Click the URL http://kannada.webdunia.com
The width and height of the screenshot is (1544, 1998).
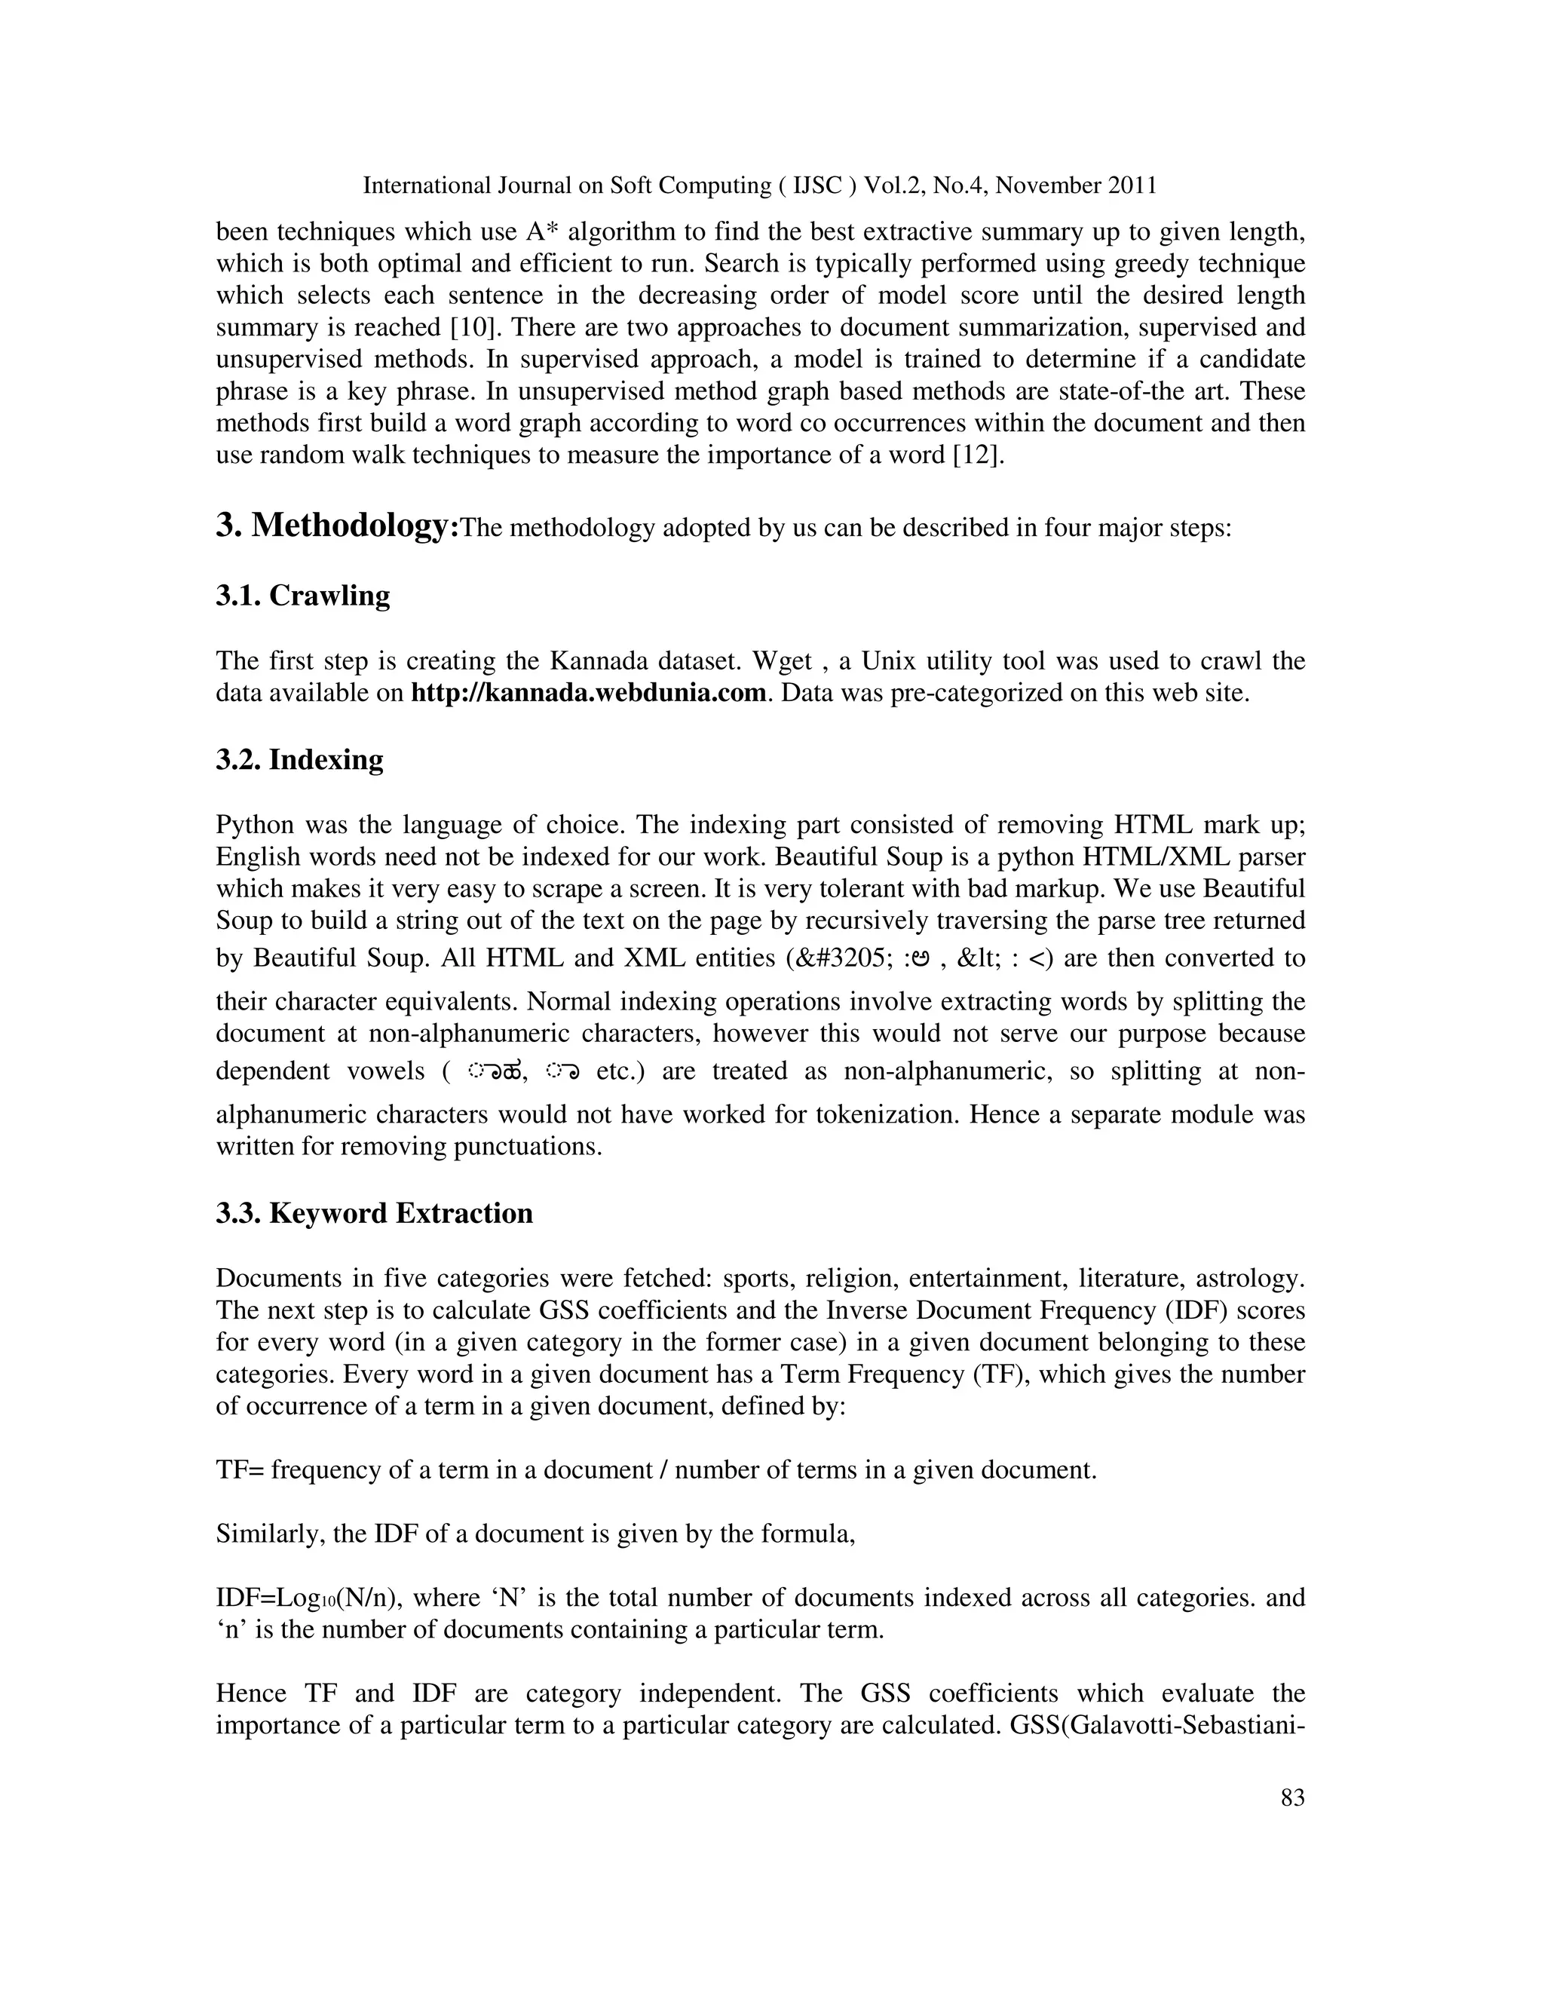click(588, 693)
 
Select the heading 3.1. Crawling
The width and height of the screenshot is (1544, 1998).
click(303, 596)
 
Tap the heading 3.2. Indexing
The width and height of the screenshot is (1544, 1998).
click(299, 759)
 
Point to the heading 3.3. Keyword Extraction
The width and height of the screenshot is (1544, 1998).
click(374, 1213)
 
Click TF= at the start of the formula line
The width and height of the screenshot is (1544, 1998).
click(240, 1470)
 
